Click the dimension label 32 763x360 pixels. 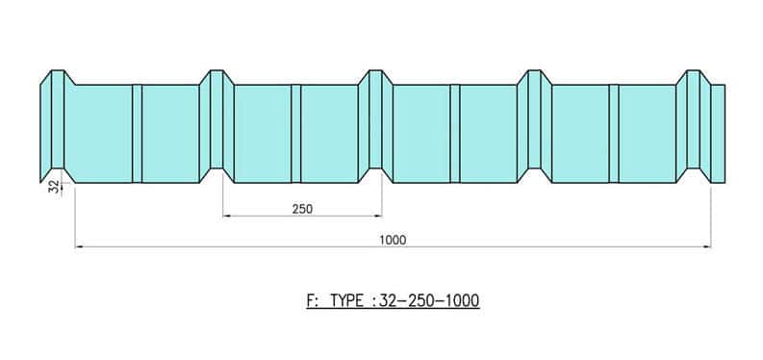[55, 187]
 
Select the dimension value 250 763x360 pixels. [302, 209]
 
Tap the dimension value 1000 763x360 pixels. [393, 240]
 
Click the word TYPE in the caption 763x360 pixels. [346, 300]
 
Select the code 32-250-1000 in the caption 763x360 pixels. [429, 300]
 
